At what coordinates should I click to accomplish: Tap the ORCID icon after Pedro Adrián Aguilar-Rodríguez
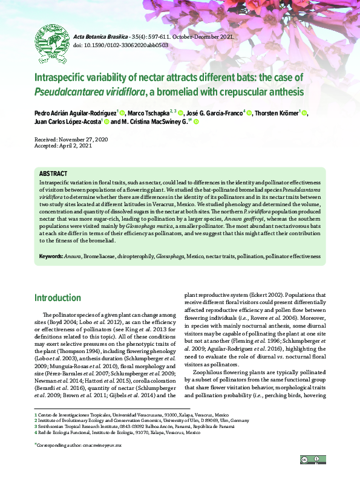[x=139, y=113]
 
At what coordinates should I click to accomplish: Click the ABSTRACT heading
[x=54, y=174]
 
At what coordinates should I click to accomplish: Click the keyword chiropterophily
[x=135, y=256]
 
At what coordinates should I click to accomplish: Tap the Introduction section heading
[x=57, y=298]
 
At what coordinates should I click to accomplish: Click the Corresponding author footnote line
[x=79, y=444]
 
